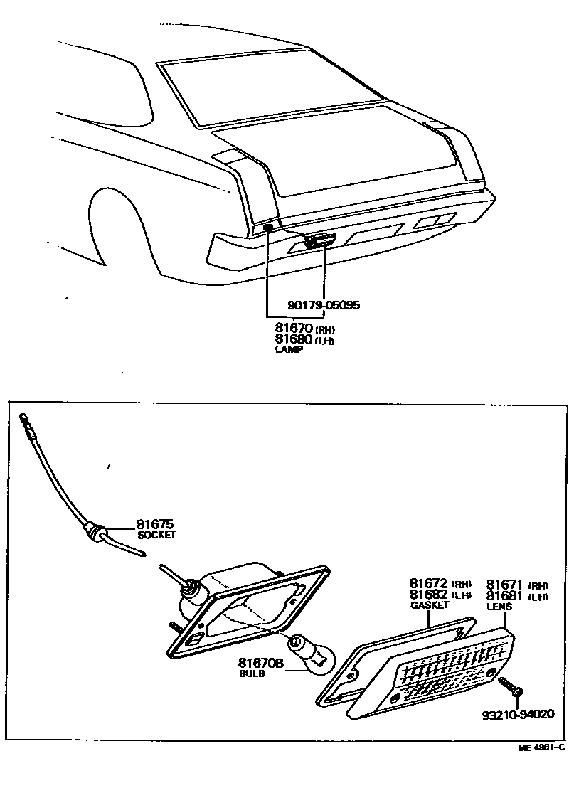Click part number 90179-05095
pos(324,305)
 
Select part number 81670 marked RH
pos(294,329)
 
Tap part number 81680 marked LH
pos(294,339)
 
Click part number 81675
pos(155,525)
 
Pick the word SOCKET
pos(156,535)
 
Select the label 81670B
pos(260,663)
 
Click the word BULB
pos(252,673)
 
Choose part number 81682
pos(428,595)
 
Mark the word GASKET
pos(430,605)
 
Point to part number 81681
pos(506,595)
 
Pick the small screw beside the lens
pos(511,686)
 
